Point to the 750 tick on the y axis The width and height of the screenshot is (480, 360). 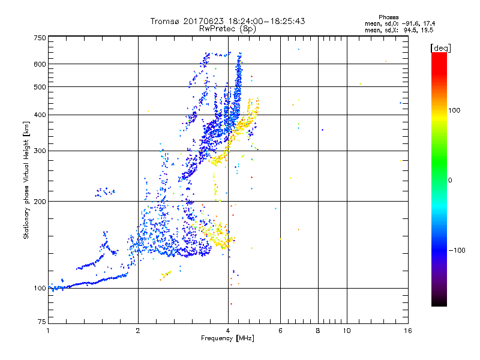[x=40, y=37]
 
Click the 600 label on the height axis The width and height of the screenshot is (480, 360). [x=40, y=64]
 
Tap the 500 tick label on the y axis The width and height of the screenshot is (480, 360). [x=40, y=87]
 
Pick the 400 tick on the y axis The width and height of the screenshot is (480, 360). [x=40, y=115]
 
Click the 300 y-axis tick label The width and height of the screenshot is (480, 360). [x=40, y=151]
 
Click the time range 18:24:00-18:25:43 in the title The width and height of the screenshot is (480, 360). [x=257, y=21]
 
